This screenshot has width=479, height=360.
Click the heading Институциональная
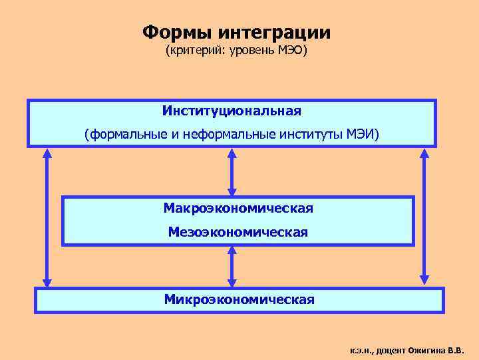click(232, 109)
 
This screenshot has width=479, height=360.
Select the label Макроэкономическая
click(238, 208)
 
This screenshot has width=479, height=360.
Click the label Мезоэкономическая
click(238, 232)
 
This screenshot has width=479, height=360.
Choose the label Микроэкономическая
click(239, 299)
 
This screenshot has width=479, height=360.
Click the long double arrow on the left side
click(47, 217)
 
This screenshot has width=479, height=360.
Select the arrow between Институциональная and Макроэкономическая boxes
click(232, 171)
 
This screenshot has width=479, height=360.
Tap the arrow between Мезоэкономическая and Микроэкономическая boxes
click(232, 267)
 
